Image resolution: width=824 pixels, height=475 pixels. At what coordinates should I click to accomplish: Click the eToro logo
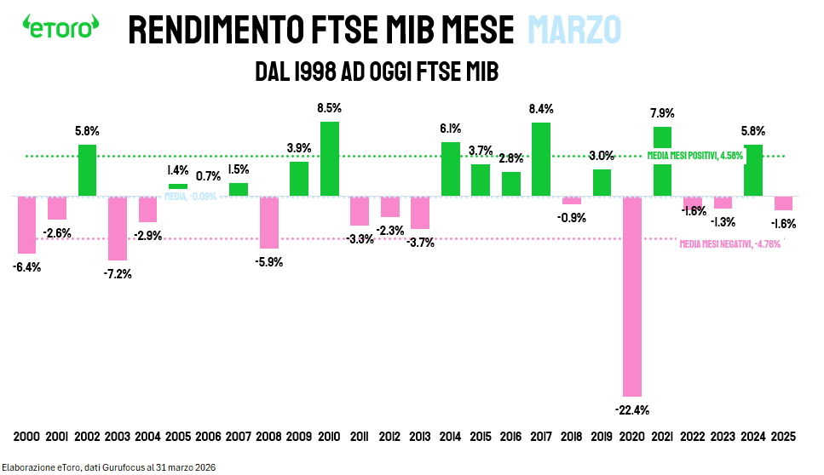coord(59,27)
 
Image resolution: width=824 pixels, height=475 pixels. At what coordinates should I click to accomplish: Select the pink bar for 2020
coord(632,295)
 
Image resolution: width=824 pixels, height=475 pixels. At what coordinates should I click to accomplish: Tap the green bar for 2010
coord(330,158)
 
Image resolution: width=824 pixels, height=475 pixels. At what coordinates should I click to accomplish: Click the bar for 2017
coord(541,159)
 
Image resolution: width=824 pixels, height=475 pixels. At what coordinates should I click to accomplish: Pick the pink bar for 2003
coord(118,228)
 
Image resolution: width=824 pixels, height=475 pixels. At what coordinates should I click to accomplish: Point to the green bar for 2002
coord(87,170)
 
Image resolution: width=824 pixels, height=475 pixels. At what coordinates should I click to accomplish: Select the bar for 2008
coord(269,222)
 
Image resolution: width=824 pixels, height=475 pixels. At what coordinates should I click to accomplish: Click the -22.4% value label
coord(632,409)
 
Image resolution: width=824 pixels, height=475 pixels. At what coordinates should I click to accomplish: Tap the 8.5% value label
coord(329,109)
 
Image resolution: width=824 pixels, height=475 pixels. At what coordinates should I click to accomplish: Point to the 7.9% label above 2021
coord(662,113)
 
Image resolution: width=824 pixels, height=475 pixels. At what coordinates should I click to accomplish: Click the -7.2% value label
coord(118,273)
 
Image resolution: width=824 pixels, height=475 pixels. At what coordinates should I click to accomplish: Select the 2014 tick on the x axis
coord(451,437)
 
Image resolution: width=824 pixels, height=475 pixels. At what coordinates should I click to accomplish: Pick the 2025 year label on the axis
coord(783,437)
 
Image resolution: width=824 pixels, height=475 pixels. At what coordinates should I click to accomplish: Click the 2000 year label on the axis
coord(26,437)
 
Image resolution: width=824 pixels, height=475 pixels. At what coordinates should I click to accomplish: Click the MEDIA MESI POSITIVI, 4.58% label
coord(695,156)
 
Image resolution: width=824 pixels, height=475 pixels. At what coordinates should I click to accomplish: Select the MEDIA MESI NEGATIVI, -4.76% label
coord(729,244)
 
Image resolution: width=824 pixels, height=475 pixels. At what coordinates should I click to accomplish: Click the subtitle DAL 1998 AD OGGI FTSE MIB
coord(376,72)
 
